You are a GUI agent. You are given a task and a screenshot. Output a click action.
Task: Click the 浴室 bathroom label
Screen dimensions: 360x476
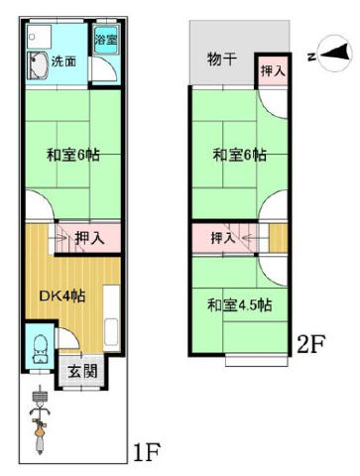click(106, 40)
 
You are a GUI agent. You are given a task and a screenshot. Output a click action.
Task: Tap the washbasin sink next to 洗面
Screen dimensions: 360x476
click(38, 65)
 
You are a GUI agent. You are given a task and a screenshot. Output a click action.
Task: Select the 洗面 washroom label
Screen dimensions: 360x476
click(63, 61)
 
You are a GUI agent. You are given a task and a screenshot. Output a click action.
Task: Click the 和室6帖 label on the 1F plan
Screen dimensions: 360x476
click(72, 155)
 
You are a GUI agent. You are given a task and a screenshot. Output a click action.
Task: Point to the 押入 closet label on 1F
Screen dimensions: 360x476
click(89, 238)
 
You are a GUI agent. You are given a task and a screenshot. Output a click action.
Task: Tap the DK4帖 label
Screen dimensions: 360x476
click(62, 296)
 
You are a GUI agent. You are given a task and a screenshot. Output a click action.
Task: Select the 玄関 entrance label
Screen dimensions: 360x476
click(82, 371)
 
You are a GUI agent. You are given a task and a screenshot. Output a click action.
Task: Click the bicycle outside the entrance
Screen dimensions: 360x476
click(40, 419)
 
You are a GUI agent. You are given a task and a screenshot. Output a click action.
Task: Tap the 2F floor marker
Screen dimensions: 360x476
click(311, 344)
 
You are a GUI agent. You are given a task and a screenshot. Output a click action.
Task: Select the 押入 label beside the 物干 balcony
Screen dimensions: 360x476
click(273, 70)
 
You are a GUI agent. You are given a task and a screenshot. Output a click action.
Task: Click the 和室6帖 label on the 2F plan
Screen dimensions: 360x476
click(239, 155)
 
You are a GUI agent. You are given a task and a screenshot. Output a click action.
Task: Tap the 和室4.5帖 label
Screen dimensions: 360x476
click(240, 305)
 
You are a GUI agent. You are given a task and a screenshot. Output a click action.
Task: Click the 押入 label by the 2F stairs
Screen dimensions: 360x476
click(223, 238)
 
